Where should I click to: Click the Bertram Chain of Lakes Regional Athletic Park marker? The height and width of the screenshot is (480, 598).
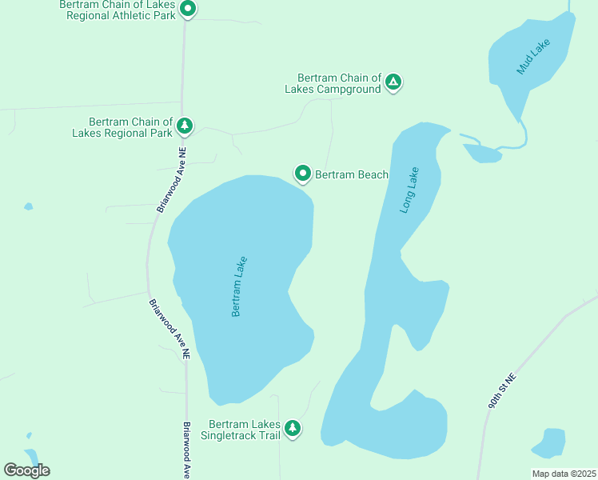(x=188, y=10)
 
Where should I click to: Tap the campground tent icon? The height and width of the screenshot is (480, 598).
(x=393, y=82)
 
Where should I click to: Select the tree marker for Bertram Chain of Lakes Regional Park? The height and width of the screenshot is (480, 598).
(x=185, y=126)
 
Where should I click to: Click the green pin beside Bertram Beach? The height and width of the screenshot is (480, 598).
(x=303, y=173)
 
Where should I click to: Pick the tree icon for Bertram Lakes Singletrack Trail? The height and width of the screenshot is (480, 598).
(x=293, y=428)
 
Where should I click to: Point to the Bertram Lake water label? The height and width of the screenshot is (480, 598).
(x=239, y=286)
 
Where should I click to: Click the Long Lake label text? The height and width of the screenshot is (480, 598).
(x=409, y=190)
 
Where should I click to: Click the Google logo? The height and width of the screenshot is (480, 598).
(x=26, y=470)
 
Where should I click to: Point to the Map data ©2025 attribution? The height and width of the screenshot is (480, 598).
(x=563, y=474)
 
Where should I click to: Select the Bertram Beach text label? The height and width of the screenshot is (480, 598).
(x=351, y=174)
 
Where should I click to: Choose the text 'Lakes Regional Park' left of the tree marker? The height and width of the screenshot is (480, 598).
(x=122, y=133)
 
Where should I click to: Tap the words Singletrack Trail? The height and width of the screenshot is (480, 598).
(x=245, y=434)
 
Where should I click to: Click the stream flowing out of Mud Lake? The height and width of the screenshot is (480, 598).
(x=524, y=136)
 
